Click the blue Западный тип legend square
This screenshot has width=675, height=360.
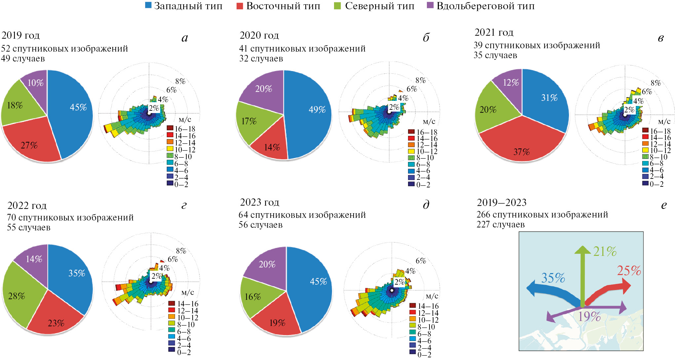(148, 5)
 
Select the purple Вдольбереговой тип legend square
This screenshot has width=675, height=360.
(430, 5)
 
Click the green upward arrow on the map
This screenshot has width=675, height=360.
(582, 274)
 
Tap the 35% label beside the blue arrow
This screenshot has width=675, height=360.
(553, 278)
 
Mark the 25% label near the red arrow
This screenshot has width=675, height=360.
(629, 271)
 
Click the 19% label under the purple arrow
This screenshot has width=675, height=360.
(589, 317)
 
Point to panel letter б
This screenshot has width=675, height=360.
(426, 38)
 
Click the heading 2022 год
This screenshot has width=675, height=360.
(27, 206)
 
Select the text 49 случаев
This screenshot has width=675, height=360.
(23, 59)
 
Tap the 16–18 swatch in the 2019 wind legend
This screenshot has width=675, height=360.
(170, 128)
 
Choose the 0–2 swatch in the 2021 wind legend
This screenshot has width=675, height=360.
(645, 183)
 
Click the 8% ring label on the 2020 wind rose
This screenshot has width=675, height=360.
(421, 80)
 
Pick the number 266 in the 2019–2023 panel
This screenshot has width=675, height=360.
(483, 215)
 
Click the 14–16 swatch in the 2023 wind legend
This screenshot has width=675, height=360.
(413, 305)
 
